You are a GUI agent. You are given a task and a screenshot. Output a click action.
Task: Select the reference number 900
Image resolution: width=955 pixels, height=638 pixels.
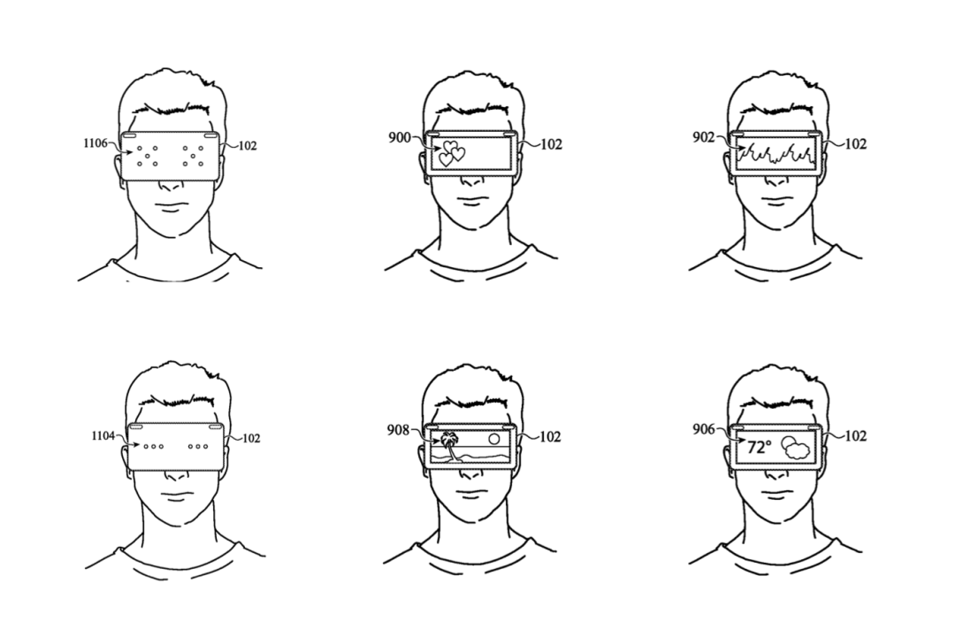[400, 137]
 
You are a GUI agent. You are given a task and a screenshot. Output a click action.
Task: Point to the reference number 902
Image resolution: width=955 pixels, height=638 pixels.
[703, 137]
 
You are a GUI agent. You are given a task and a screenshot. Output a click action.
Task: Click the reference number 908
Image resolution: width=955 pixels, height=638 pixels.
[399, 431]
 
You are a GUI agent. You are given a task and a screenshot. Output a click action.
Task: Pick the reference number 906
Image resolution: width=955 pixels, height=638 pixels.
[704, 430]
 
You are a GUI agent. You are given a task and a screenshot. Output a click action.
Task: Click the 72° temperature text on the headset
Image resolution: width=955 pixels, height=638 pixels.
[758, 448]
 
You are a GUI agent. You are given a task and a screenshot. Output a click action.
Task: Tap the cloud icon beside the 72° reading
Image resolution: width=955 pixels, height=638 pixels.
[796, 448]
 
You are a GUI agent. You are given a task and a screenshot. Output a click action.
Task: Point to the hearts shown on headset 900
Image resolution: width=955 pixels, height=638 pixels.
[452, 152]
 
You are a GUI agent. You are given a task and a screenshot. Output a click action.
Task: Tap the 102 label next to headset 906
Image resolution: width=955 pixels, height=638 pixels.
[855, 435]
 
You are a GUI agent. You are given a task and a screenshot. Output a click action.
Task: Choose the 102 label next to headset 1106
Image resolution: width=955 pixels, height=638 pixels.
[248, 145]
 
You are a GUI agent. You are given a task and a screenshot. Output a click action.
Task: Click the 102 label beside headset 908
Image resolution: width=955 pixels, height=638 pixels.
[551, 435]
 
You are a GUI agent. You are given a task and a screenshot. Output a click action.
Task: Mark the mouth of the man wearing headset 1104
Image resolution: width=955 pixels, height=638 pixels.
[173, 493]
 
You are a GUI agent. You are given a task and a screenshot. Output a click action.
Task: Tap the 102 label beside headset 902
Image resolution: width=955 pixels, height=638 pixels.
[855, 144]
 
